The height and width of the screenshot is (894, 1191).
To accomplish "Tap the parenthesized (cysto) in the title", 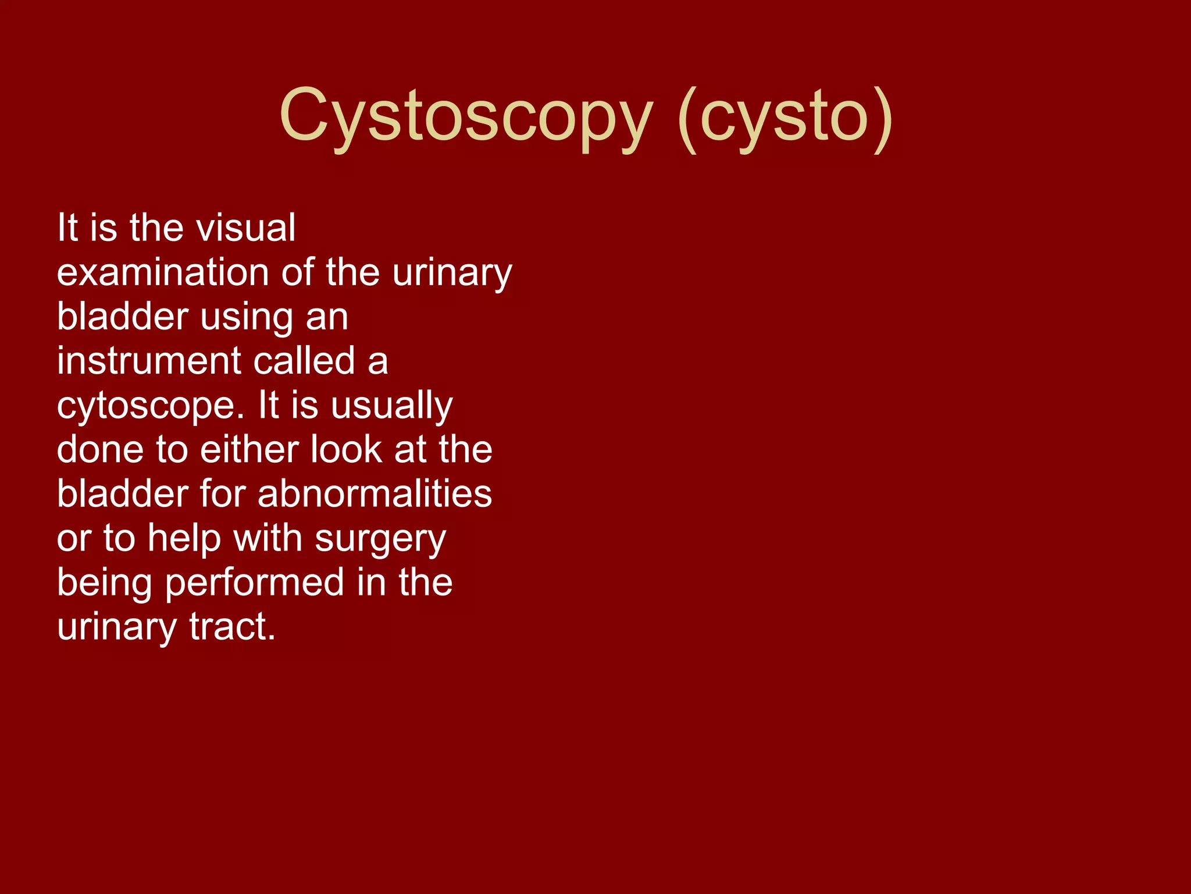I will (785, 116).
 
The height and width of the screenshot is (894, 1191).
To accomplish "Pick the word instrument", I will (148, 361).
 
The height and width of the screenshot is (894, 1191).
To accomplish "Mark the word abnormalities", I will (375, 494).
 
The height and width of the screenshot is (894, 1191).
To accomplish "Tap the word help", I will (184, 538).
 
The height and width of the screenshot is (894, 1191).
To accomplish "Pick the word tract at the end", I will (232, 627).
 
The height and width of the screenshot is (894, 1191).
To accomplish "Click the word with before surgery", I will (268, 538).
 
